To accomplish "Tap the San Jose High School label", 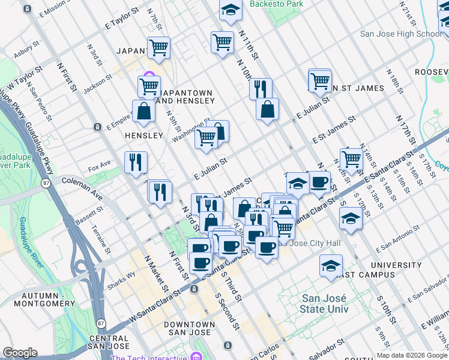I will (x=401, y=34).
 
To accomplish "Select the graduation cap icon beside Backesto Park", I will (x=230, y=10).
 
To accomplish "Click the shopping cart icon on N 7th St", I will (x=159, y=47).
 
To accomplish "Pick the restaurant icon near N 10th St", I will (x=261, y=88).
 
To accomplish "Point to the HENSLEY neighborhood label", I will (x=144, y=136).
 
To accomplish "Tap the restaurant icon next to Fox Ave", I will (x=136, y=162).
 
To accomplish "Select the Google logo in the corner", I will (x=20, y=353).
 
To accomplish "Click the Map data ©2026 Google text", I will (x=411, y=355).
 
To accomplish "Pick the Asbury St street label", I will (x=26, y=49).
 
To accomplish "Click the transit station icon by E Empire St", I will (x=97, y=127).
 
